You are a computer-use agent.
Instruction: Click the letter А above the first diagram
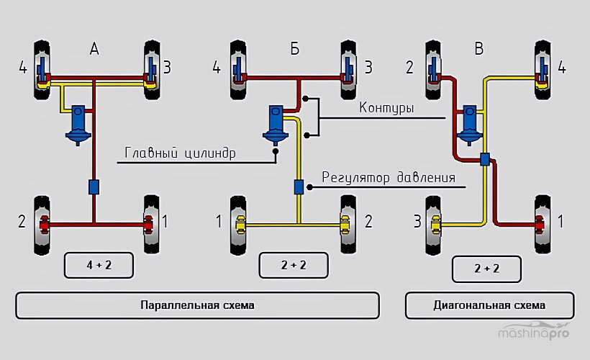click(94, 49)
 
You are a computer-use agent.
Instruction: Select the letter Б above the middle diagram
click(295, 49)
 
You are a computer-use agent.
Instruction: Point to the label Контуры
click(386, 108)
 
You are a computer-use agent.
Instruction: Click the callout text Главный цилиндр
click(181, 153)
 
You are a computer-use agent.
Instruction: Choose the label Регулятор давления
click(388, 177)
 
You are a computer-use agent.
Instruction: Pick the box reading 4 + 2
click(99, 265)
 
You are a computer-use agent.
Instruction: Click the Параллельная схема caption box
click(197, 305)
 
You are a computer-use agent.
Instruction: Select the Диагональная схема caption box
click(489, 305)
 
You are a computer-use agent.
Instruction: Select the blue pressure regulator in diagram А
click(94, 186)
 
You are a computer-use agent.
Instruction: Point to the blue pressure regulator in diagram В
click(485, 159)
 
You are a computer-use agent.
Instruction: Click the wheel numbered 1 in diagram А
click(151, 223)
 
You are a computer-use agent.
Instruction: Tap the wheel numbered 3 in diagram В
click(435, 223)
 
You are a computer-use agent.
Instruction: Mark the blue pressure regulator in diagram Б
click(298, 186)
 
